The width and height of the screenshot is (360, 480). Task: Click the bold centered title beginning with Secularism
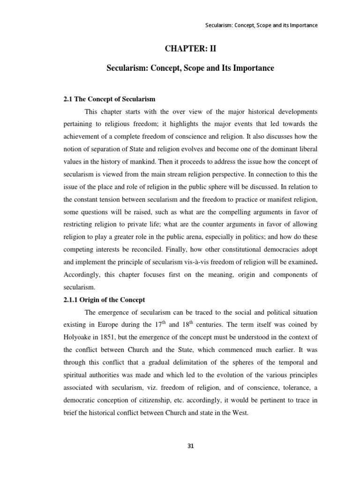[191, 68]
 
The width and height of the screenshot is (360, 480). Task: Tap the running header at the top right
[262, 25]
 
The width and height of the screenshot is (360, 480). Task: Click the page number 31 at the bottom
[190, 446]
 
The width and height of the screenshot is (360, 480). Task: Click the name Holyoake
[79, 336]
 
